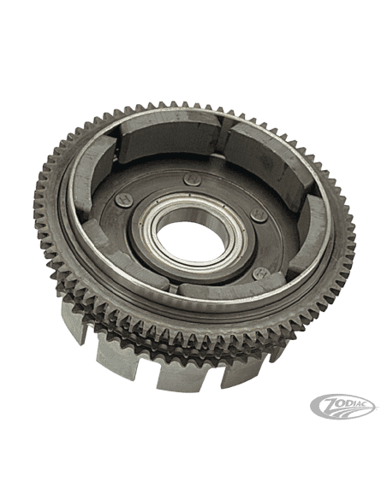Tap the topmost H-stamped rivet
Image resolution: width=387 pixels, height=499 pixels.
click(x=193, y=179)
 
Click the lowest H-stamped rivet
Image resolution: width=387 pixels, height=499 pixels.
click(x=261, y=273)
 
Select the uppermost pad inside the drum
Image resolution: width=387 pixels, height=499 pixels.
click(x=169, y=136)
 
